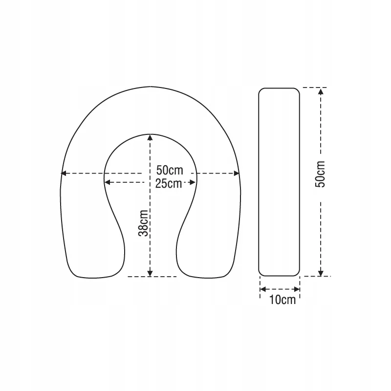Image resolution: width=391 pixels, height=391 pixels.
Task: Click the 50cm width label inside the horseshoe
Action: [170, 170]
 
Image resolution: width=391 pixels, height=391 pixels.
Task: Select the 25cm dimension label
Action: [169, 184]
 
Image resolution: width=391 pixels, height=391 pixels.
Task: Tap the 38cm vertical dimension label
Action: [144, 223]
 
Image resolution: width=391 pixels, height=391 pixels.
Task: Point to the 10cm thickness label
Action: [282, 300]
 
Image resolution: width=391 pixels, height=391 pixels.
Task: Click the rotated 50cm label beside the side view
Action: [321, 174]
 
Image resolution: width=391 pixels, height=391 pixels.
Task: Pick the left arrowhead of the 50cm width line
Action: [64, 173]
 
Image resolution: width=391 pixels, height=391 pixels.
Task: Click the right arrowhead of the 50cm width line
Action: [237, 173]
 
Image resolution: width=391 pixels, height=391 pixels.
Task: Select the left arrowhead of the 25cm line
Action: [107, 182]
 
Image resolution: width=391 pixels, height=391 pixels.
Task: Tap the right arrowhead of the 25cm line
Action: [192, 182]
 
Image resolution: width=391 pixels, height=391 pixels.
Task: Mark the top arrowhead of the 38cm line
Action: [150, 137]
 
